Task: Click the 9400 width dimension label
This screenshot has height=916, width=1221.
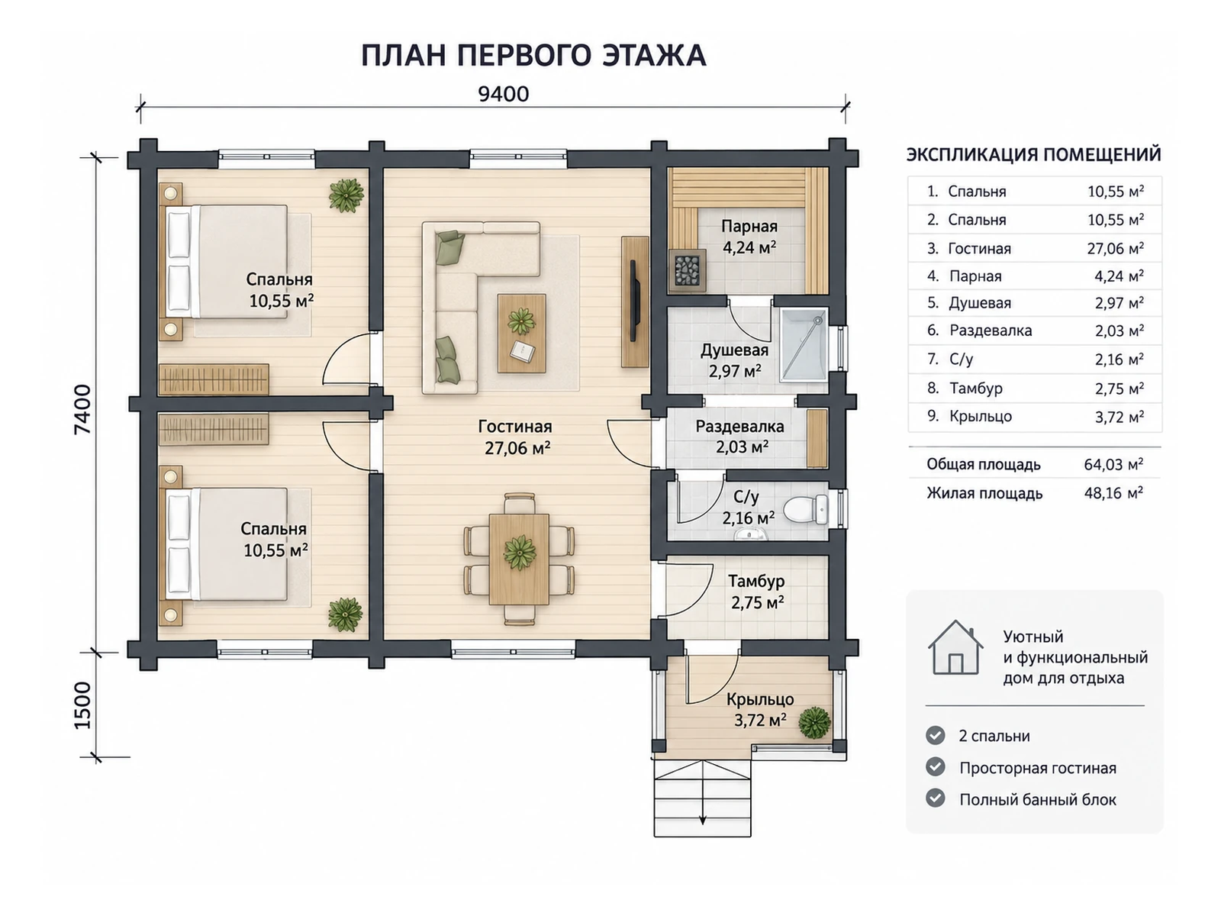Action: click(503, 94)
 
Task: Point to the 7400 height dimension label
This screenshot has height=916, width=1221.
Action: click(82, 409)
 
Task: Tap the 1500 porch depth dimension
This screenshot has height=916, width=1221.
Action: click(82, 705)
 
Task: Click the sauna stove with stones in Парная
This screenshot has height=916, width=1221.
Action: click(687, 269)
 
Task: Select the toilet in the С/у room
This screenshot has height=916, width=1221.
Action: click(807, 509)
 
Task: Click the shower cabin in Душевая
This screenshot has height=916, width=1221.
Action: click(803, 345)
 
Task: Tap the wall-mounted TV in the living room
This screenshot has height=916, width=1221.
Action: click(633, 300)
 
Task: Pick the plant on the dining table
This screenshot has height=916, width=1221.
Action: click(520, 552)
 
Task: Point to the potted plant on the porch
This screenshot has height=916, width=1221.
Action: click(815, 723)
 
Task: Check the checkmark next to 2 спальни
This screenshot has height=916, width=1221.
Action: click(935, 735)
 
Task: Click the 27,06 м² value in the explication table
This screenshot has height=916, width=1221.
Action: click(1116, 248)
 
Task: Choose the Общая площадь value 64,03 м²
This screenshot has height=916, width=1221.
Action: click(1113, 464)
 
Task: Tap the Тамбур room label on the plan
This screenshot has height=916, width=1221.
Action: click(756, 581)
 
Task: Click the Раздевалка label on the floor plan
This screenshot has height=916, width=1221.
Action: click(739, 427)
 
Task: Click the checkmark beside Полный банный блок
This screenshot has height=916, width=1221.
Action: click(935, 798)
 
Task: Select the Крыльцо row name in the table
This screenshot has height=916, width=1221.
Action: click(981, 417)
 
